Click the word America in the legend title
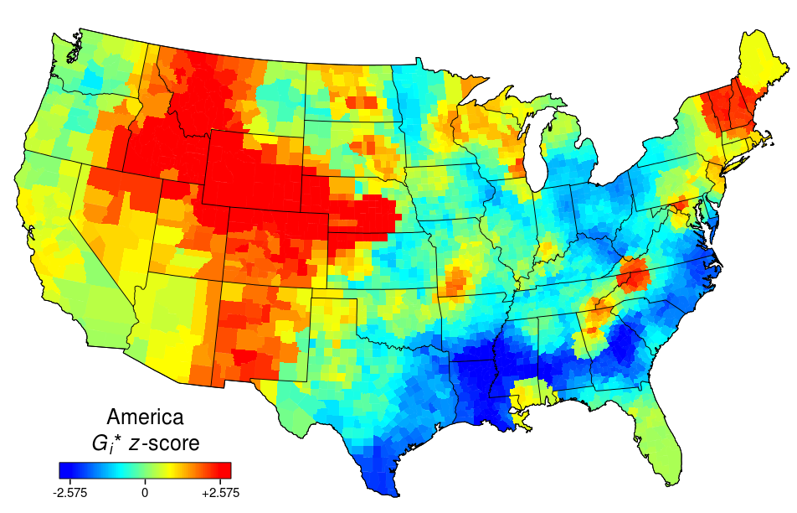(146, 417)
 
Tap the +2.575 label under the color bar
(221, 494)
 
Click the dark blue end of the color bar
(65, 470)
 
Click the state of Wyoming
(251, 168)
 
